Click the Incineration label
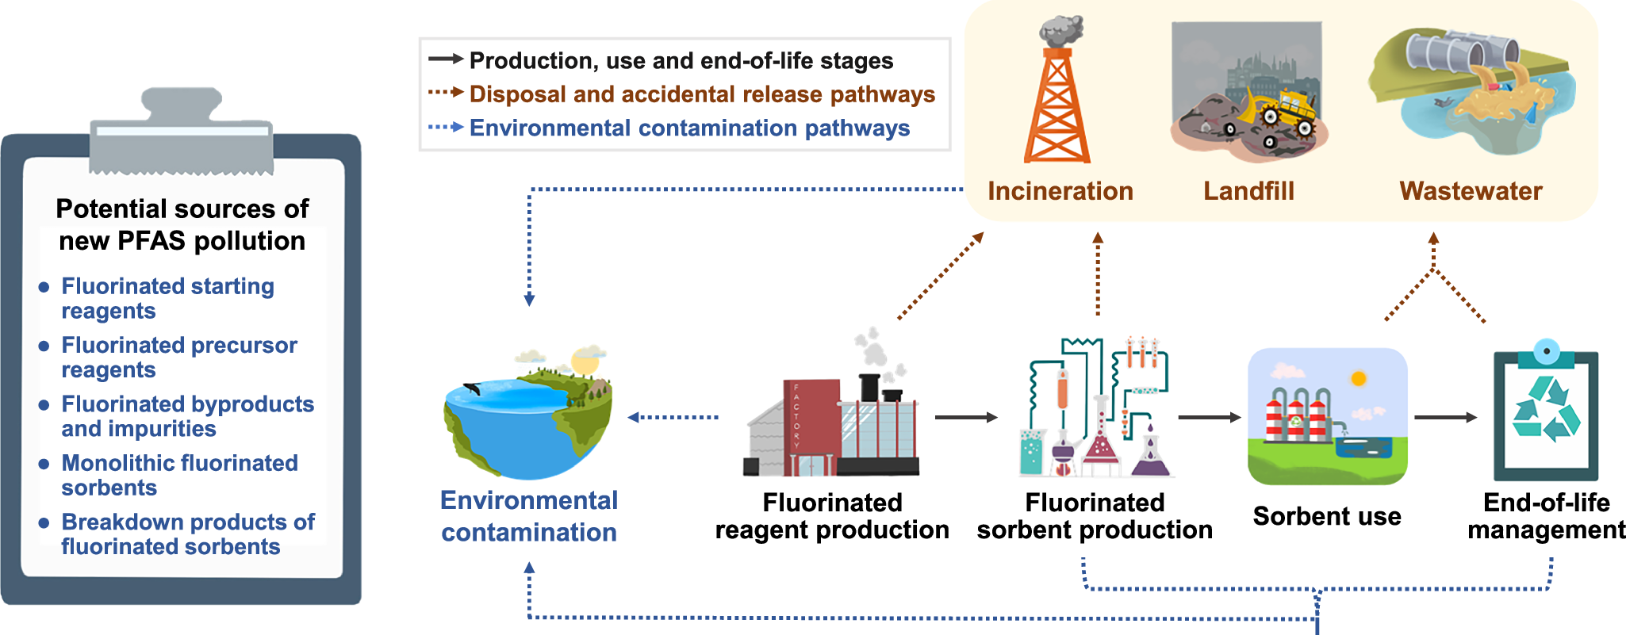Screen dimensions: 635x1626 point(1060,191)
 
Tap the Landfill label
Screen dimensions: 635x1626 point(1248,191)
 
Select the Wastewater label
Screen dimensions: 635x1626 point(1471,191)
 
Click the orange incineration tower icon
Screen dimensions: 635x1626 point(1057,103)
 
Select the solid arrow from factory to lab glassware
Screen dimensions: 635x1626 point(965,417)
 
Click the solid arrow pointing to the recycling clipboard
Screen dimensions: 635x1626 point(1445,417)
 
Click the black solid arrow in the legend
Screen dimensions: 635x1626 point(445,59)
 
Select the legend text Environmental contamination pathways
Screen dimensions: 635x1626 point(689,128)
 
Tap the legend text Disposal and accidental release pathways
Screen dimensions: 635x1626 point(702,94)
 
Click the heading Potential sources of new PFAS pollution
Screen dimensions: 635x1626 point(182,224)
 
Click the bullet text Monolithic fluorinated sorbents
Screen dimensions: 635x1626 point(179,475)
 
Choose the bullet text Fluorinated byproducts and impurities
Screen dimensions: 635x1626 point(187,416)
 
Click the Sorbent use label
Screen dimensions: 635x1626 point(1326,516)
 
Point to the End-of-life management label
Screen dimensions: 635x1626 point(1546,516)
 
